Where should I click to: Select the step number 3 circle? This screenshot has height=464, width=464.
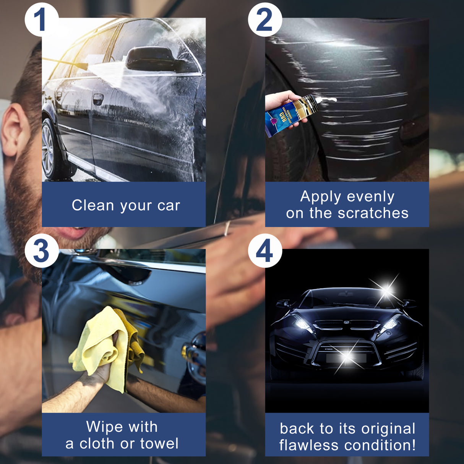click(41, 251)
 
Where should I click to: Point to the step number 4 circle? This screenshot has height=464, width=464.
click(264, 251)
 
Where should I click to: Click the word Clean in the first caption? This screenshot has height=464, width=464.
click(93, 205)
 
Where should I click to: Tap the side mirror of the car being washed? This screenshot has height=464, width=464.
click(151, 59)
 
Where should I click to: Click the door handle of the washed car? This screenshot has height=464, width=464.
click(98, 99)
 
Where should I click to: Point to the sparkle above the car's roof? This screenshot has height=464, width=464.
click(387, 290)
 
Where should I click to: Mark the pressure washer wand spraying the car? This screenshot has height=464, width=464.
click(65, 63)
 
